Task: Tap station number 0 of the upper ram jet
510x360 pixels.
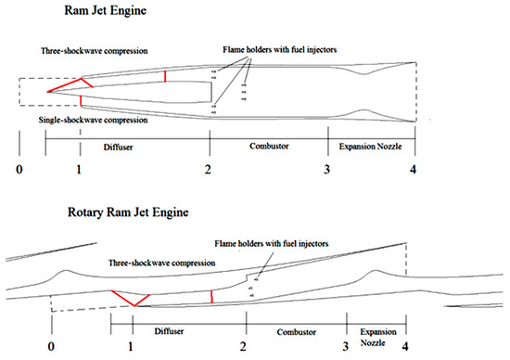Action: [18, 169]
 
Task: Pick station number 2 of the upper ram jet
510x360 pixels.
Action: [209, 169]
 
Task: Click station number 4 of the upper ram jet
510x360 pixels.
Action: [415, 169]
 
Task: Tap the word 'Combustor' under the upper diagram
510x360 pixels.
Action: [269, 147]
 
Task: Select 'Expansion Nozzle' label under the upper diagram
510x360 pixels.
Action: [372, 147]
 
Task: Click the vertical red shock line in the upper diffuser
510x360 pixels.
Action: [165, 76]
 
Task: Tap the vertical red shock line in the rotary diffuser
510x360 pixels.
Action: [211, 296]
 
